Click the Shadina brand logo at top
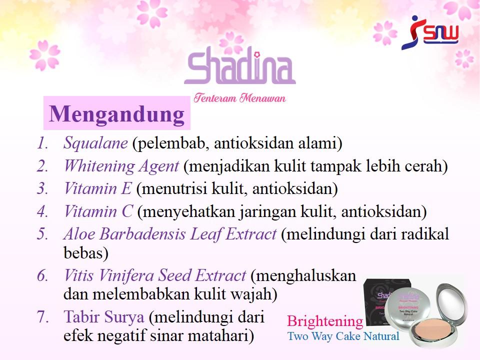[239, 65]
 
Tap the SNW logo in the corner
[430, 33]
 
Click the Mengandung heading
[116, 114]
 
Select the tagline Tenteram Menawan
[239, 98]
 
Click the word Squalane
[95, 142]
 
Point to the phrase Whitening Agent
[121, 166]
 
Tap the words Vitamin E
[98, 188]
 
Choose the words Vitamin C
[98, 211]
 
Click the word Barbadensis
[142, 234]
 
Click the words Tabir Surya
[104, 317]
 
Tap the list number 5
[42, 234]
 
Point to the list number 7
[42, 316]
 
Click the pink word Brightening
[325, 321]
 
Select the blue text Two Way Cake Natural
[343, 336]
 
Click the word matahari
[220, 335]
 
